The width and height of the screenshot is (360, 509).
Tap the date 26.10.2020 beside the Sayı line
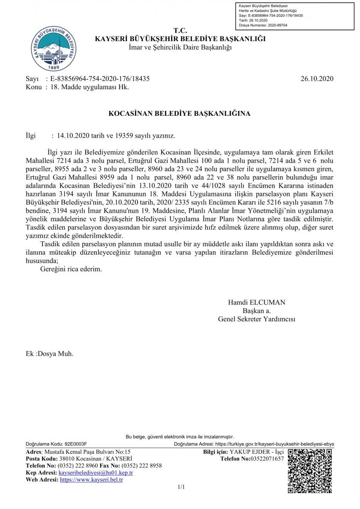click(317, 79)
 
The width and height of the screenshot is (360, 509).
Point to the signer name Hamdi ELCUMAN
click(256, 302)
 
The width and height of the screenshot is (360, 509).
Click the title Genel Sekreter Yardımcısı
click(256, 319)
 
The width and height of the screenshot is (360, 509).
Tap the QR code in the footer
click(310, 470)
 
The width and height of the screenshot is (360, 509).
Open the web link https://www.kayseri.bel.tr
click(91, 479)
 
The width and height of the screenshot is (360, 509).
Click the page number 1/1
click(180, 487)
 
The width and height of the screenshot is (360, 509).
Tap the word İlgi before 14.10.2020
click(31, 136)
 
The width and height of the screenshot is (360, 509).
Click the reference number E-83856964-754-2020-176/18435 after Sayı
click(100, 79)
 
